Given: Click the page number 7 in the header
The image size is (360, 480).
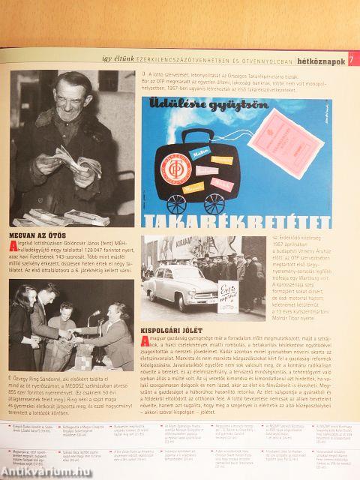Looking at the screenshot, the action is (352, 58).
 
